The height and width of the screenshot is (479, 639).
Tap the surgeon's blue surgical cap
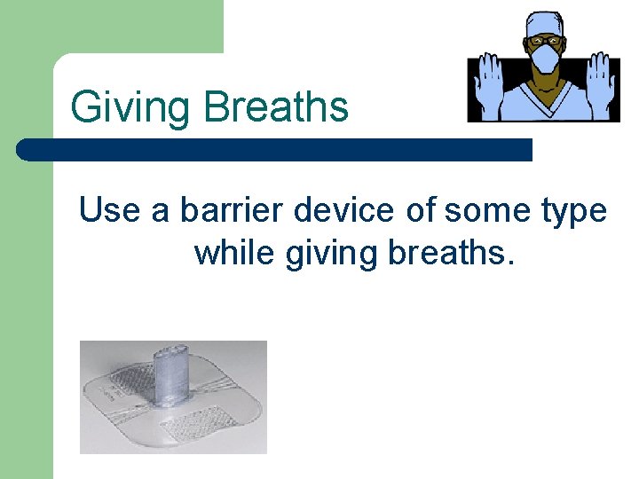point(543,22)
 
